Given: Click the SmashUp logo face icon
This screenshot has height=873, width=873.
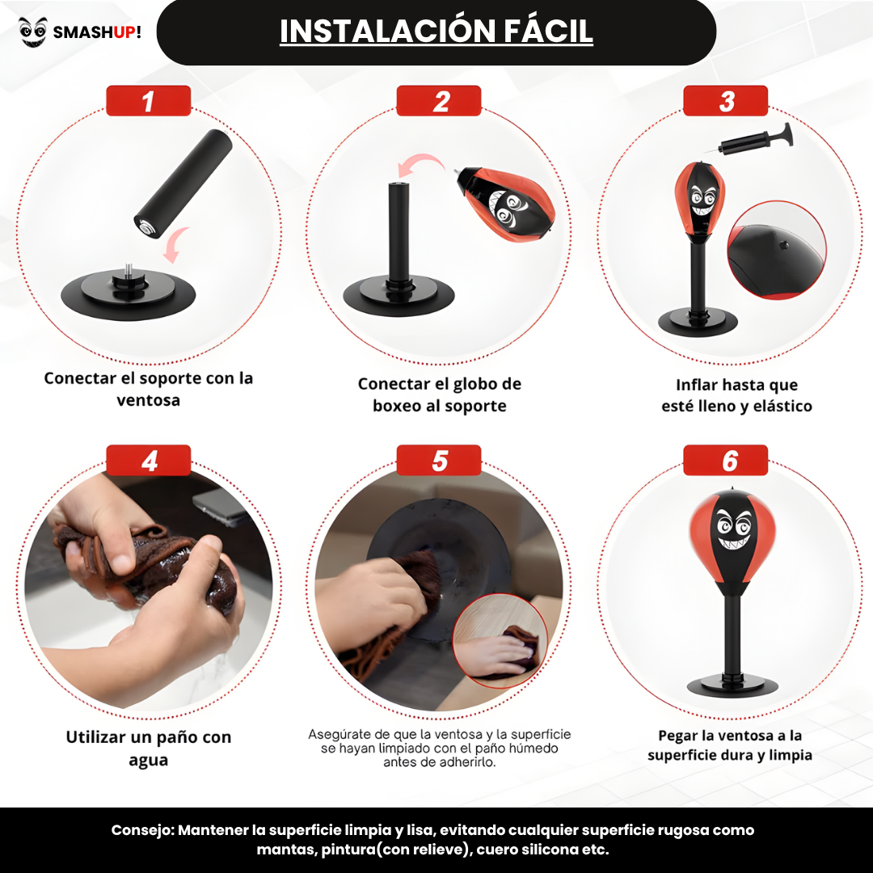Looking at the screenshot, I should tap(33, 32).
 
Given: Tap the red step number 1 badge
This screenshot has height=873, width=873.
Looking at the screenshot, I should tap(148, 101).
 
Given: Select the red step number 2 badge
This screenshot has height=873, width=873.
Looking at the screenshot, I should tap(439, 101).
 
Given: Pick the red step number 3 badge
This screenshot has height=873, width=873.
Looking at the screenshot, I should tap(725, 101).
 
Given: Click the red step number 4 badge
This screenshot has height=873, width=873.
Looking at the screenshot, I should tap(148, 461).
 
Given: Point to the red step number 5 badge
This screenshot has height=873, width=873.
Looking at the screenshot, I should tap(439, 461).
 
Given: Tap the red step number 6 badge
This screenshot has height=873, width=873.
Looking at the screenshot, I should tap(725, 461).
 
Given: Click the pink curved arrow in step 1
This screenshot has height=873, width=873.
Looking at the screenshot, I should tap(176, 242).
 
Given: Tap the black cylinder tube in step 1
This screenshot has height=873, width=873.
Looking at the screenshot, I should tap(183, 178).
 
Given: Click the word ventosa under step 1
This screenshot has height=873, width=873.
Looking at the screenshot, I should tap(148, 400).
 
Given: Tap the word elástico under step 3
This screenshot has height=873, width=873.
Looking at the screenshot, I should tap(782, 407).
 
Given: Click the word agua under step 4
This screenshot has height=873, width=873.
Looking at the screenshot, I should tap(148, 760).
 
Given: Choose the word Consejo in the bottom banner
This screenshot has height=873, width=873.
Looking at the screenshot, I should tap(142, 830).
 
